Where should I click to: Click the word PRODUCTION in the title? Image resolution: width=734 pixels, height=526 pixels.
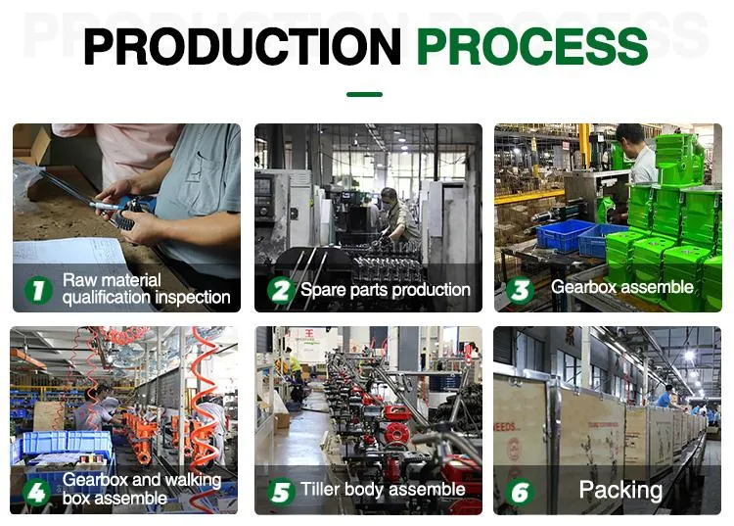242,47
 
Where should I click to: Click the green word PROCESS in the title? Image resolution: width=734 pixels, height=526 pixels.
531,47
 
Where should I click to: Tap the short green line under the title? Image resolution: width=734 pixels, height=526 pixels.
364,95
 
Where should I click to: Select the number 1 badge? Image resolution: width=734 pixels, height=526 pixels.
38,290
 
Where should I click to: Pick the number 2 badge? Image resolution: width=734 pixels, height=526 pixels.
280,290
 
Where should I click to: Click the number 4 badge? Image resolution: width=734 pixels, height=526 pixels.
38,491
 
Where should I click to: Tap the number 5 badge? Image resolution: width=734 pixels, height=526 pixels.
280,491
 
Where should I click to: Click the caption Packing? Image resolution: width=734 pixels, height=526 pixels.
620,490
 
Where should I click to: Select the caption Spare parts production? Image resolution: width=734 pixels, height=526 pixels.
385,290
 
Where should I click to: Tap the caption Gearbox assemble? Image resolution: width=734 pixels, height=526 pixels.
621,288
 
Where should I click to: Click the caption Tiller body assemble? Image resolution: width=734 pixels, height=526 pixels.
383,490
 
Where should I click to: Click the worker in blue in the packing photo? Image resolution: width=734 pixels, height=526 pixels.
665,396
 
